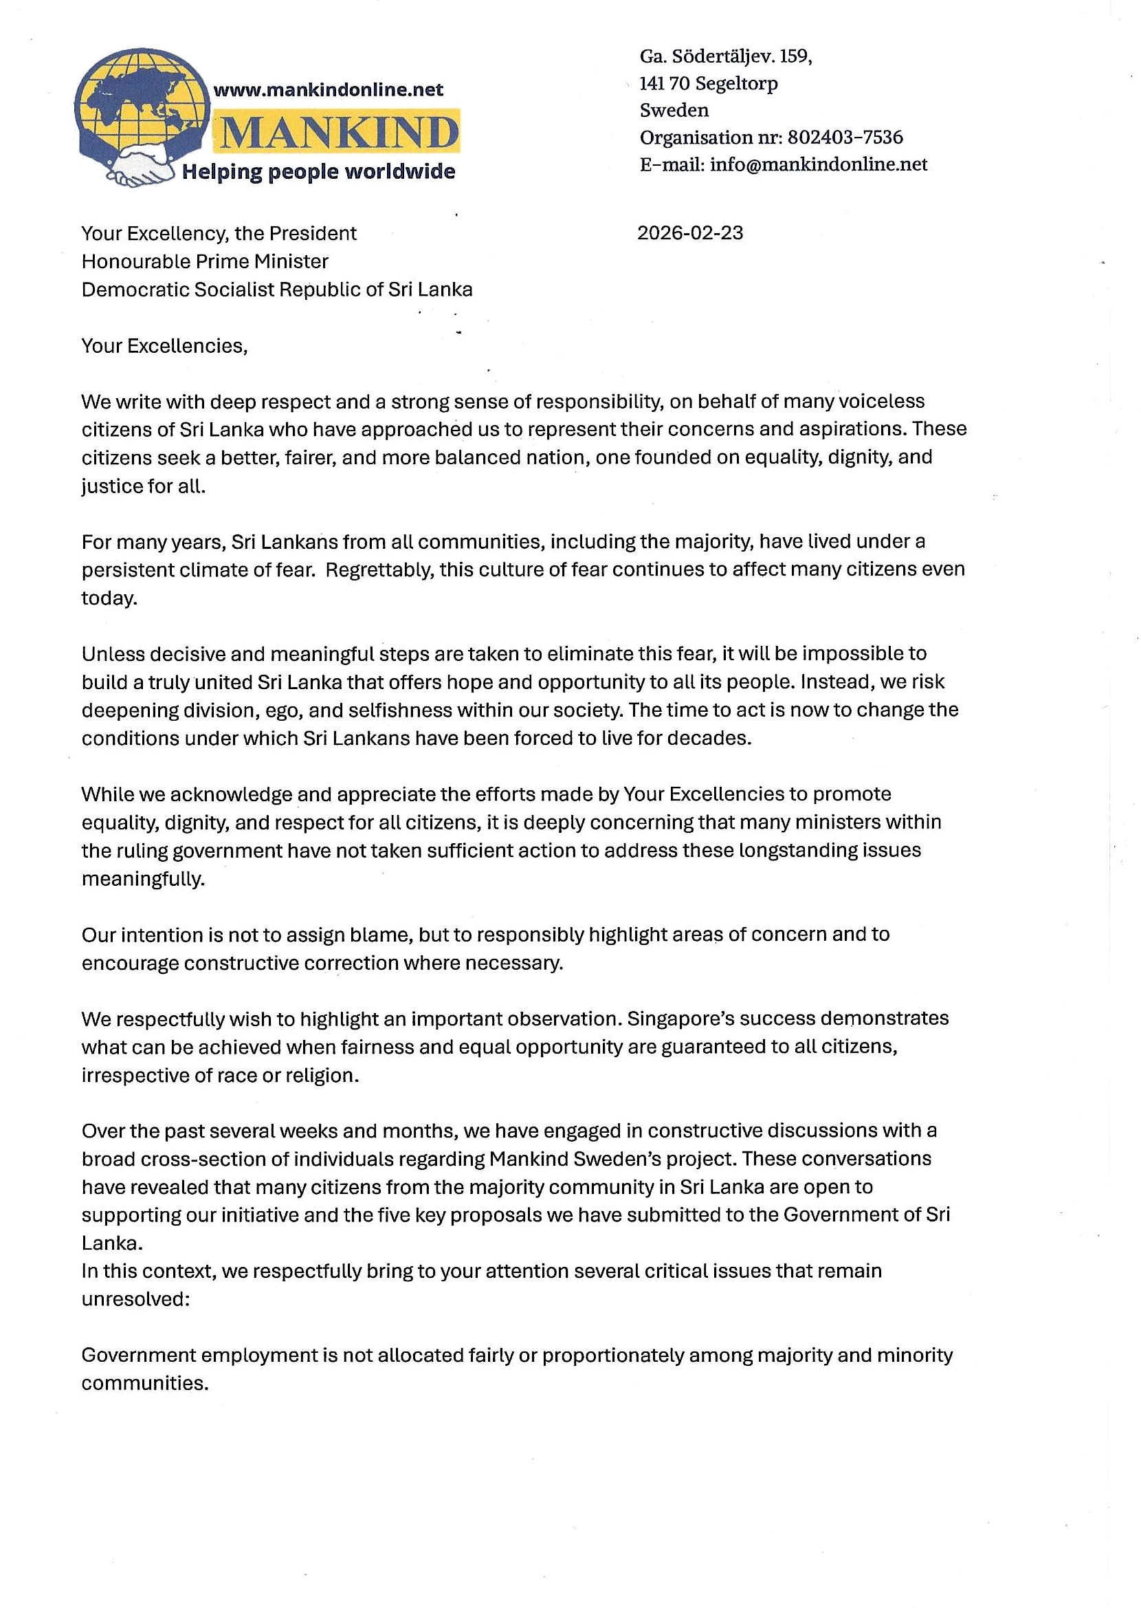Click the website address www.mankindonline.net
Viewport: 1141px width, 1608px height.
tap(328, 90)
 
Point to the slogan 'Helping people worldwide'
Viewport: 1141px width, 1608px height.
tap(318, 171)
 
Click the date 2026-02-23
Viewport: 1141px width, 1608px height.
tap(690, 233)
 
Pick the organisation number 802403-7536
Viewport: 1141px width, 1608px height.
tap(845, 137)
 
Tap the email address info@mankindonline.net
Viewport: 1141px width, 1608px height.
tap(819, 164)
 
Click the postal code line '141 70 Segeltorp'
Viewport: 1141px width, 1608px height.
tap(708, 84)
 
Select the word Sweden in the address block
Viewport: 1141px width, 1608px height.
tap(674, 110)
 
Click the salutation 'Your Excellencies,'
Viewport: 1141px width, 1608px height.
tap(164, 346)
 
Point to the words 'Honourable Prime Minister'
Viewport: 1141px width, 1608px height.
tap(205, 261)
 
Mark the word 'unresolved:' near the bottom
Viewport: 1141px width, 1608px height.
tap(135, 1299)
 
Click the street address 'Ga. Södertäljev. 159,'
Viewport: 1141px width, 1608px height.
tap(726, 56)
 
